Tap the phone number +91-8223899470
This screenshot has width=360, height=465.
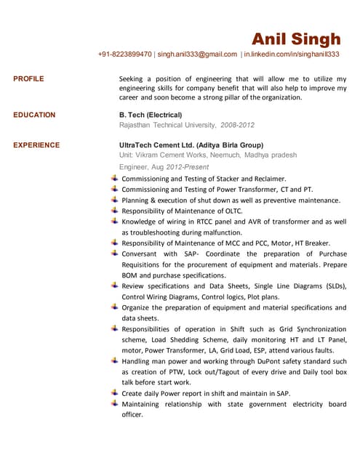(124, 54)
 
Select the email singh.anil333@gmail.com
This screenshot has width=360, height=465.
(197, 54)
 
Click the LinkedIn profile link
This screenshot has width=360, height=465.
(292, 54)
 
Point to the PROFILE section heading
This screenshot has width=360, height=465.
(28, 78)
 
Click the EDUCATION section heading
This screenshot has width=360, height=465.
(34, 115)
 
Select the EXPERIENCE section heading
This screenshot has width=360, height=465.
(36, 145)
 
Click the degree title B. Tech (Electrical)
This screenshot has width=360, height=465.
(151, 115)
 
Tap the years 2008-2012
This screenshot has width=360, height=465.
(237, 125)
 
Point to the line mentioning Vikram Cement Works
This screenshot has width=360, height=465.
(208, 155)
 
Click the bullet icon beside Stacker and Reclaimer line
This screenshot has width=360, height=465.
(114, 178)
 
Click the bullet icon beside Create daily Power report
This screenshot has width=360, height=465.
(114, 393)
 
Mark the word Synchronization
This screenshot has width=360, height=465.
(319, 329)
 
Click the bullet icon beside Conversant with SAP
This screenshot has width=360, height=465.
(114, 254)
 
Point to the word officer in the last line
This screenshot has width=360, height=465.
(132, 415)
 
